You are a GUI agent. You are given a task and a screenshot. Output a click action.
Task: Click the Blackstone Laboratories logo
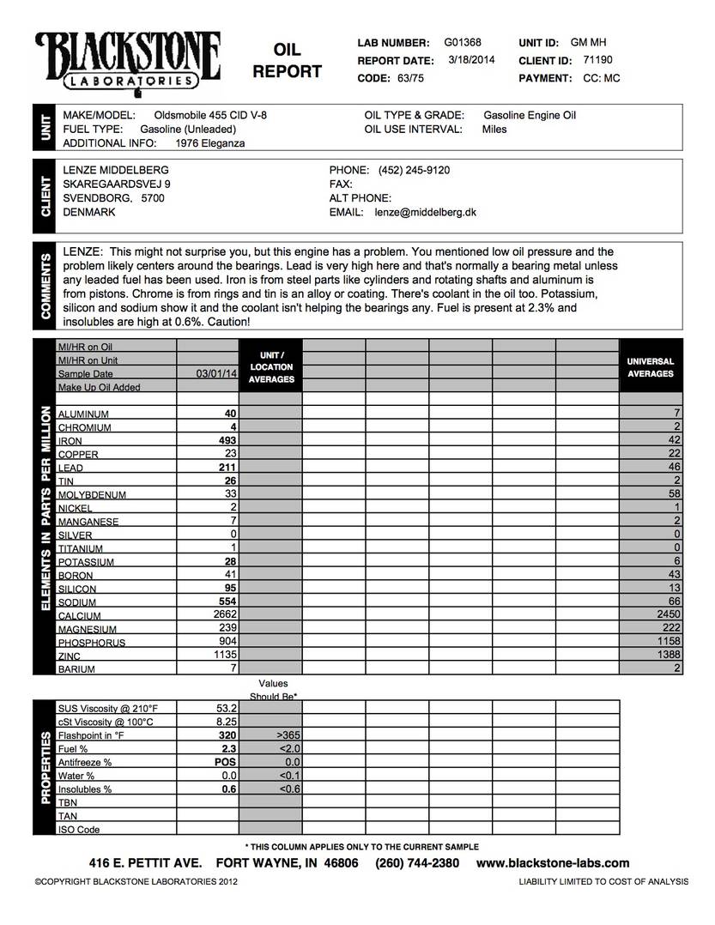pos(128,60)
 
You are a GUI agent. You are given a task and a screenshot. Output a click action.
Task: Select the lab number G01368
pos(463,42)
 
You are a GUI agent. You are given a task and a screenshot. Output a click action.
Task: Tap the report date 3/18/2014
pos(471,60)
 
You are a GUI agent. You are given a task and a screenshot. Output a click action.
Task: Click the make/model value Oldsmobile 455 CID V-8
pos(215,115)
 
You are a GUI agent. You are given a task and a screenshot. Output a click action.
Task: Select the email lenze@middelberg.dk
pos(426,212)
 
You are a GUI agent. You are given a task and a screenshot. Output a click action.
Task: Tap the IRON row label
pos(70,441)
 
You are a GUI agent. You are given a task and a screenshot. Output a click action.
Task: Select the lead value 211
pos(225,468)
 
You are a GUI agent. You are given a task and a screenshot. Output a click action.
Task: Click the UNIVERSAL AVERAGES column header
pos(651,367)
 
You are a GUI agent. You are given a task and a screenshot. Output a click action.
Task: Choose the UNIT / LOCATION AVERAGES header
pos(272,366)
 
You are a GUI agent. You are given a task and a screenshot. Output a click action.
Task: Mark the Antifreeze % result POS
pos(225,762)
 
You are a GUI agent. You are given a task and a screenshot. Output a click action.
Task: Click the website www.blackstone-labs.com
pos(553,863)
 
